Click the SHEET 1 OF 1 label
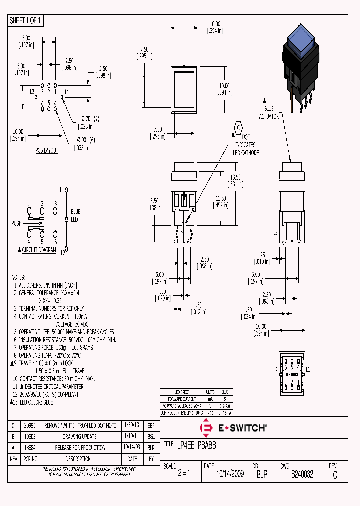tap(26, 21)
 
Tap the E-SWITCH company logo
tap(234, 428)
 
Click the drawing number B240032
tap(302, 474)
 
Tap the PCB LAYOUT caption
tap(47, 150)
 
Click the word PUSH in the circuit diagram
tap(16, 223)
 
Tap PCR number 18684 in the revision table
tap(30, 448)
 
